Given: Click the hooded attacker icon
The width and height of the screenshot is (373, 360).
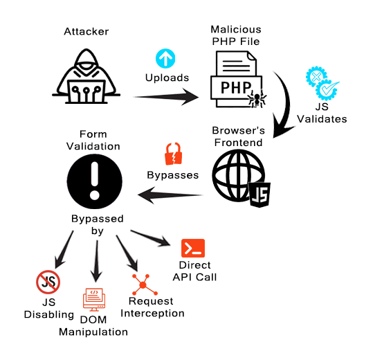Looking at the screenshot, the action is pos(86,76).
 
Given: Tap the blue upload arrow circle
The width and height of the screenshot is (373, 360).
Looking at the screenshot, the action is pos(165,59).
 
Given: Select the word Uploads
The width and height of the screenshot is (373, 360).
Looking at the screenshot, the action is pos(167,78).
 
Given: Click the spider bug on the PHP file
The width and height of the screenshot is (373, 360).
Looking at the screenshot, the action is pos(257,98).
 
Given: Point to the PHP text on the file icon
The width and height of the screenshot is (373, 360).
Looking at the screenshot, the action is pos(236,87).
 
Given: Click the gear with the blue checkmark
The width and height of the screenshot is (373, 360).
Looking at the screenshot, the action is pos(327,90).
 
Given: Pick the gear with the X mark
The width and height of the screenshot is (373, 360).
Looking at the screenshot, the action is pos(316,76).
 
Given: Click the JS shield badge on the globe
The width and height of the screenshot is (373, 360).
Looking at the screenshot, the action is pos(260,194).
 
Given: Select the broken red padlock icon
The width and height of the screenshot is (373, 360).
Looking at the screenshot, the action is pos(174,154).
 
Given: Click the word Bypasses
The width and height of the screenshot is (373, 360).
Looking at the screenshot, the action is pos(173,175).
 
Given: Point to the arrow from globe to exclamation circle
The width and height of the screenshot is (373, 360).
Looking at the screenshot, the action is pos(170,195).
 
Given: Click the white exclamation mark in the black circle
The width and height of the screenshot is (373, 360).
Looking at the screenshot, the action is pos(95,181).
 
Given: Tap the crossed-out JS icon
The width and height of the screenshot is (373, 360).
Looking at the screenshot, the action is pos(48,282).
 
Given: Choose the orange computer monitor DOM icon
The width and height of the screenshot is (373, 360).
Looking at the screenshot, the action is pos(94,300).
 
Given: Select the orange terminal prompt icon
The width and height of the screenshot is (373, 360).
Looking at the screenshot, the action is pos(193,248).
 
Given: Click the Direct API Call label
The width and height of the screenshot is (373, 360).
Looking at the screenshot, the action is pos(195,271).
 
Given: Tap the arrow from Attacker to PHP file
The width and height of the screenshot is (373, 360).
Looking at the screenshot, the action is pos(166,97).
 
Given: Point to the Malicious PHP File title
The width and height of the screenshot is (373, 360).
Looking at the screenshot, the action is pos(236,35).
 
